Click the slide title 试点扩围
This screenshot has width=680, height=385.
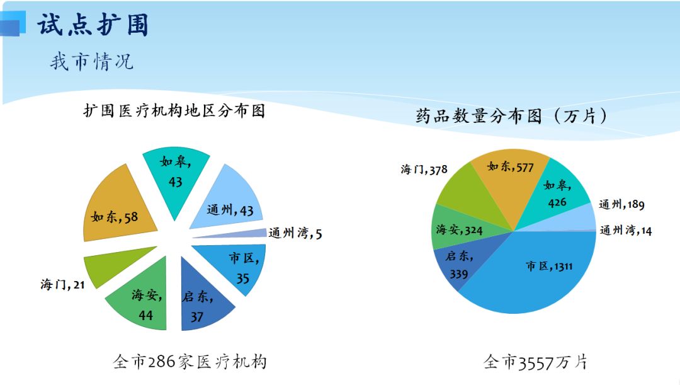click(93, 25)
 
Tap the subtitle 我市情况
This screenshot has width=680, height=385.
click(91, 62)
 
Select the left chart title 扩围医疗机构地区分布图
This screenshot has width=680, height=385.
click(174, 112)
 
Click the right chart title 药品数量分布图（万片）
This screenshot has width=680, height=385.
click(512, 117)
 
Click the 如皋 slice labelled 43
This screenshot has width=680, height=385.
click(176, 173)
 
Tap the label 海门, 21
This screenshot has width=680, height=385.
click(62, 285)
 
